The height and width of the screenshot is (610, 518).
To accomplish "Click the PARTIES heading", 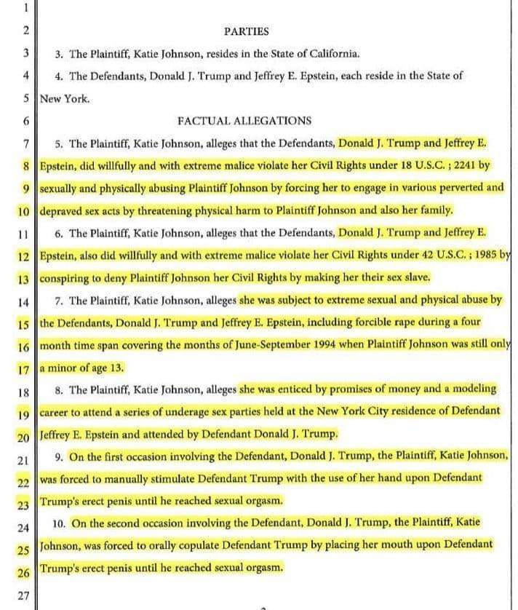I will (246, 31).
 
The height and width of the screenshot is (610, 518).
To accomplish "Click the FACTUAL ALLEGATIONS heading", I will (244, 121).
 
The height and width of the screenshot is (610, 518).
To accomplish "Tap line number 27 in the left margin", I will (23, 595).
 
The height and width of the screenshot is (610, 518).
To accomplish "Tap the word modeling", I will (473, 389).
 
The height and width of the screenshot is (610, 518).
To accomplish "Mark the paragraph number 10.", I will (60, 523).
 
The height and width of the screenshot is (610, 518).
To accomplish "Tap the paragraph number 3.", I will (58, 54).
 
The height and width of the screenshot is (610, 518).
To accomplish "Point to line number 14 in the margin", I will (23, 301).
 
